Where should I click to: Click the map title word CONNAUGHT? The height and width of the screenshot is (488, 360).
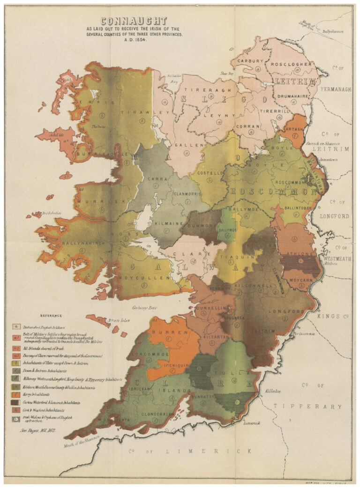pos(134,22)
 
